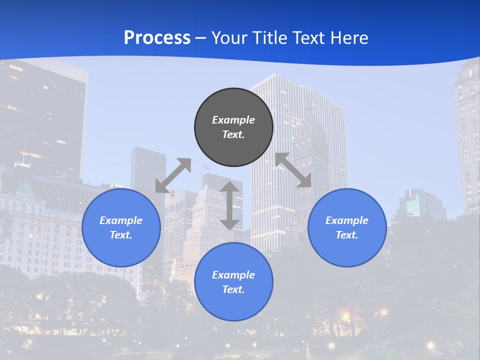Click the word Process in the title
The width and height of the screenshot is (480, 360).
[x=157, y=37]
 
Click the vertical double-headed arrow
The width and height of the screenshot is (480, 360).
[x=229, y=205]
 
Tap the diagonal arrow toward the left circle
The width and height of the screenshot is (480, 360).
[x=173, y=175]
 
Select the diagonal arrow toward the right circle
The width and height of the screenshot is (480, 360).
[x=293, y=170]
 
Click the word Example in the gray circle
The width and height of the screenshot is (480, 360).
[x=233, y=120]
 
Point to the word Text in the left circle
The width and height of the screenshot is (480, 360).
[x=121, y=235]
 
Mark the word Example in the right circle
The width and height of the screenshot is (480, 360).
[x=347, y=220]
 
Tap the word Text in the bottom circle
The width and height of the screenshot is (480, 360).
[x=233, y=289]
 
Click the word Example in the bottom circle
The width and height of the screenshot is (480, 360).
[x=233, y=275]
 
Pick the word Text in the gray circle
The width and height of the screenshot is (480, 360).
[x=233, y=134]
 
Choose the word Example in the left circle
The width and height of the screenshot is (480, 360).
[x=121, y=220]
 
